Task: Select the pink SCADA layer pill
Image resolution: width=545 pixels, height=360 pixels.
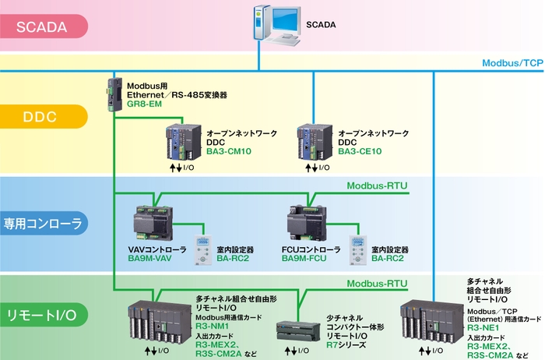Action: coord(43,26)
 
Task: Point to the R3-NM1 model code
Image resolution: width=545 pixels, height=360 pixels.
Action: coord(212,326)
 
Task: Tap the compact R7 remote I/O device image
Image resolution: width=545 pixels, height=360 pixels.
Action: coord(298,332)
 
